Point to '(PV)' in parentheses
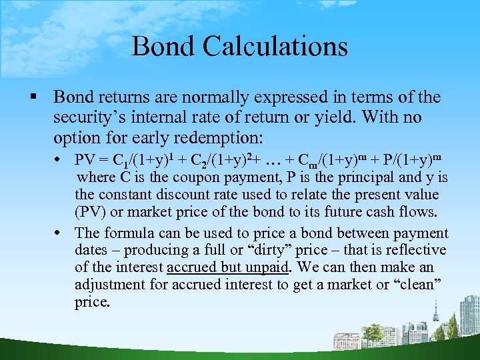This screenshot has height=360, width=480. coord(91,212)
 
